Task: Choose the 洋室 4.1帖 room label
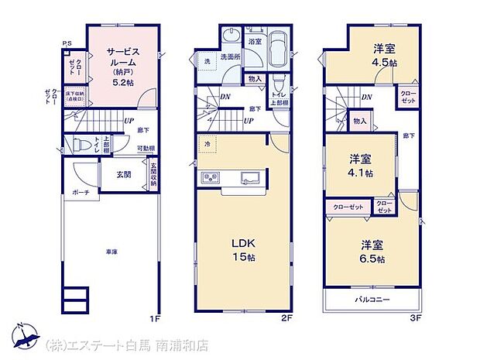coord(360,164)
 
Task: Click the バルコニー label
coord(372,300)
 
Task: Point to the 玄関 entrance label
coord(124,174)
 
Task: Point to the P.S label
coord(67,43)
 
